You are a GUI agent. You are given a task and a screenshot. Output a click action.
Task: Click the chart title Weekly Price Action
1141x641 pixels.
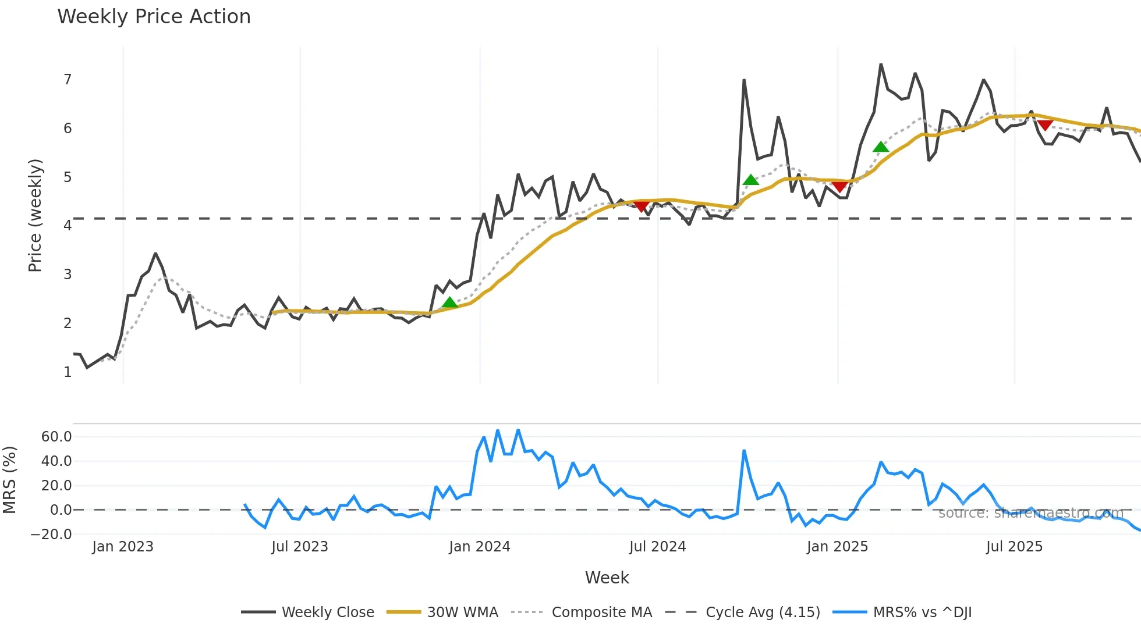pos(154,17)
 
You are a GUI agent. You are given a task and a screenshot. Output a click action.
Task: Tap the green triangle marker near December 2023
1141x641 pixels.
pos(449,302)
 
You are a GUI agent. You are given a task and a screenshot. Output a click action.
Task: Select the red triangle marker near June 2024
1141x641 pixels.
pos(642,206)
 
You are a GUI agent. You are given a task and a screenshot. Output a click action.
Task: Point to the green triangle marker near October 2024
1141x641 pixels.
pos(751,180)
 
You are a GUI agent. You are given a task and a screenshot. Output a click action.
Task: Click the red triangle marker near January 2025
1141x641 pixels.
pos(839,186)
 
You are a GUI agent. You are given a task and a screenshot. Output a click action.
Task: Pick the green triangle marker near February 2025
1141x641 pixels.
pos(881,147)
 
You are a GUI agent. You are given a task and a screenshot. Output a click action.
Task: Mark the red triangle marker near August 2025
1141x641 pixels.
pos(1045,125)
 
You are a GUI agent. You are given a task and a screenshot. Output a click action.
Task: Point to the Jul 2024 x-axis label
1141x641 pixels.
pos(657,547)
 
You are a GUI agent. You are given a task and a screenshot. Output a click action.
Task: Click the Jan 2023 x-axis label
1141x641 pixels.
pos(123,547)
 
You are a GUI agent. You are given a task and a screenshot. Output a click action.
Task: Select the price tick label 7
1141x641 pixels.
pos(68,80)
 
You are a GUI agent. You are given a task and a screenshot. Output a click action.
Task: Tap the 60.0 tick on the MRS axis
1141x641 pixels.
pos(56,437)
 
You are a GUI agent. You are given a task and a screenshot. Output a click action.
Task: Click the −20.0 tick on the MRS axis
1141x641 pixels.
pos(52,535)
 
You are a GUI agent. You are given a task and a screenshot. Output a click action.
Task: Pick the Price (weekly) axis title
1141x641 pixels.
pos(36,215)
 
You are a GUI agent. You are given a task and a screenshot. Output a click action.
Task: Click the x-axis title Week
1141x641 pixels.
pos(607,578)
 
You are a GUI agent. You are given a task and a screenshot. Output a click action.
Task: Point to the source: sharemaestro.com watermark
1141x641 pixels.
pos(1030,513)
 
